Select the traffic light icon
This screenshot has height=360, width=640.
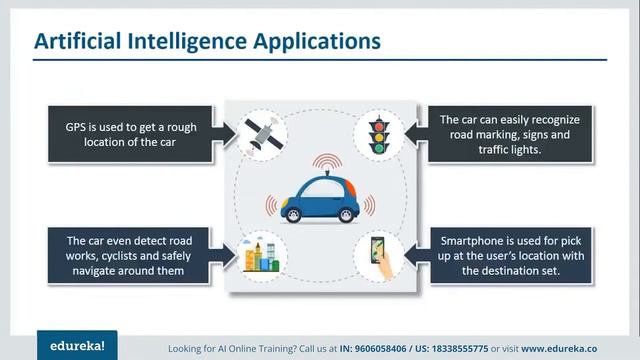click(x=378, y=133)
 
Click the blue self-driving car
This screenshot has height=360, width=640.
click(x=318, y=198)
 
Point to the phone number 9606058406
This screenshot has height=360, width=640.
click(x=421, y=347)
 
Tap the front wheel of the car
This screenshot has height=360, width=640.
click(x=345, y=214)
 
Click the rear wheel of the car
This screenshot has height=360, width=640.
click(x=293, y=214)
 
